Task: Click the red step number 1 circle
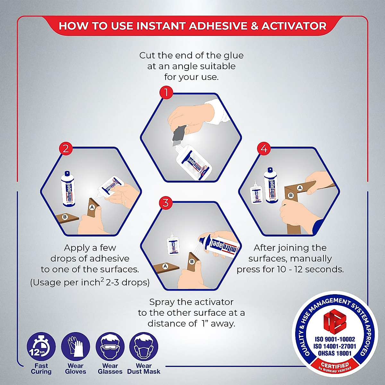coord(166,93)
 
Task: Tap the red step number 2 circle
coord(66,149)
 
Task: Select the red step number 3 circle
coord(166,203)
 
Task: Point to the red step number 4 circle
coord(264,149)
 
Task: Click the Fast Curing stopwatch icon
coord(41,347)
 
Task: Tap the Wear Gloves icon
coord(75,347)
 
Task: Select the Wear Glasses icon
coord(110,347)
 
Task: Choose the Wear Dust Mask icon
coord(144,347)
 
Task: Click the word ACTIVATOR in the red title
coord(294,26)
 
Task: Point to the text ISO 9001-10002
coord(335,339)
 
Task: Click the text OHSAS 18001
coord(335,353)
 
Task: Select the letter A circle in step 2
coord(92,207)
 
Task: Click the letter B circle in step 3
coord(192,261)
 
